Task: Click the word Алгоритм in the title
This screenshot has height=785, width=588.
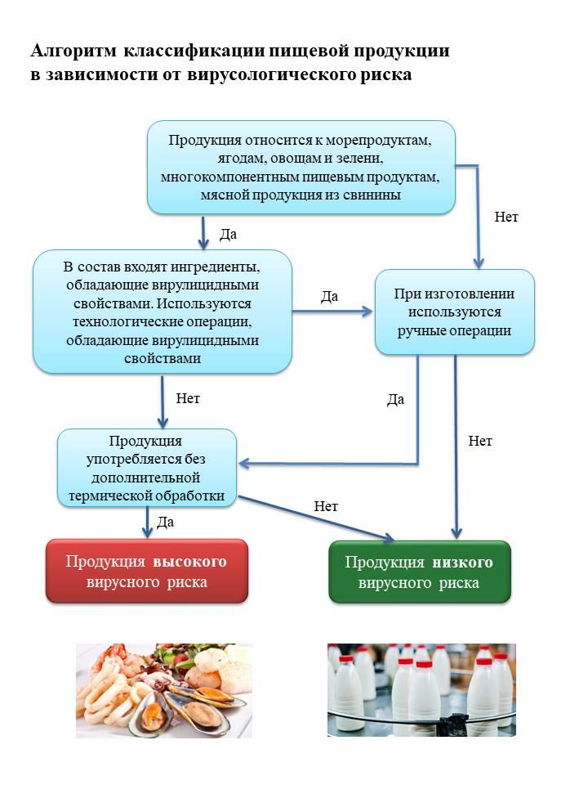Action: pos(73,51)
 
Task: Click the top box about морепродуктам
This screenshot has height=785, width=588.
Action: pos(301,167)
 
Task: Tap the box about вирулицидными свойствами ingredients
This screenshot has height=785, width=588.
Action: pos(163,312)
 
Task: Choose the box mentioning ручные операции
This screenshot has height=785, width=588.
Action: pos(455,312)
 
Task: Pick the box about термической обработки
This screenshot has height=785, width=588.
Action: pos(147,468)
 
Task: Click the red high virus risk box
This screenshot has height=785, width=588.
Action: pos(147,572)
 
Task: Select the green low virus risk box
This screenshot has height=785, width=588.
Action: pos(420,572)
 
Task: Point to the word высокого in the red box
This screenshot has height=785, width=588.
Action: pos(189,562)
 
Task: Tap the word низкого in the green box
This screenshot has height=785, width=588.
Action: pos(462,563)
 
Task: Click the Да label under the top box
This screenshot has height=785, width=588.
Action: pos(228,235)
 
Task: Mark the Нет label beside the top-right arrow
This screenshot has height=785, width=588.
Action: pos(506,217)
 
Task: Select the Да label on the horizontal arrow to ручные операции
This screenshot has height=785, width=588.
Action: pos(329,296)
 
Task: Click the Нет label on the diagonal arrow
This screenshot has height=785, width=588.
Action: pos(326,506)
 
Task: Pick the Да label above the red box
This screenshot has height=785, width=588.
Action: pos(166,523)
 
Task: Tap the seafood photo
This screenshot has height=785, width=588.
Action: pos(164,690)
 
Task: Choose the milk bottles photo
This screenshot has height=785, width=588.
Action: pos(421,690)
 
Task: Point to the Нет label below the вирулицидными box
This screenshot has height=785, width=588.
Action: pos(188,398)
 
